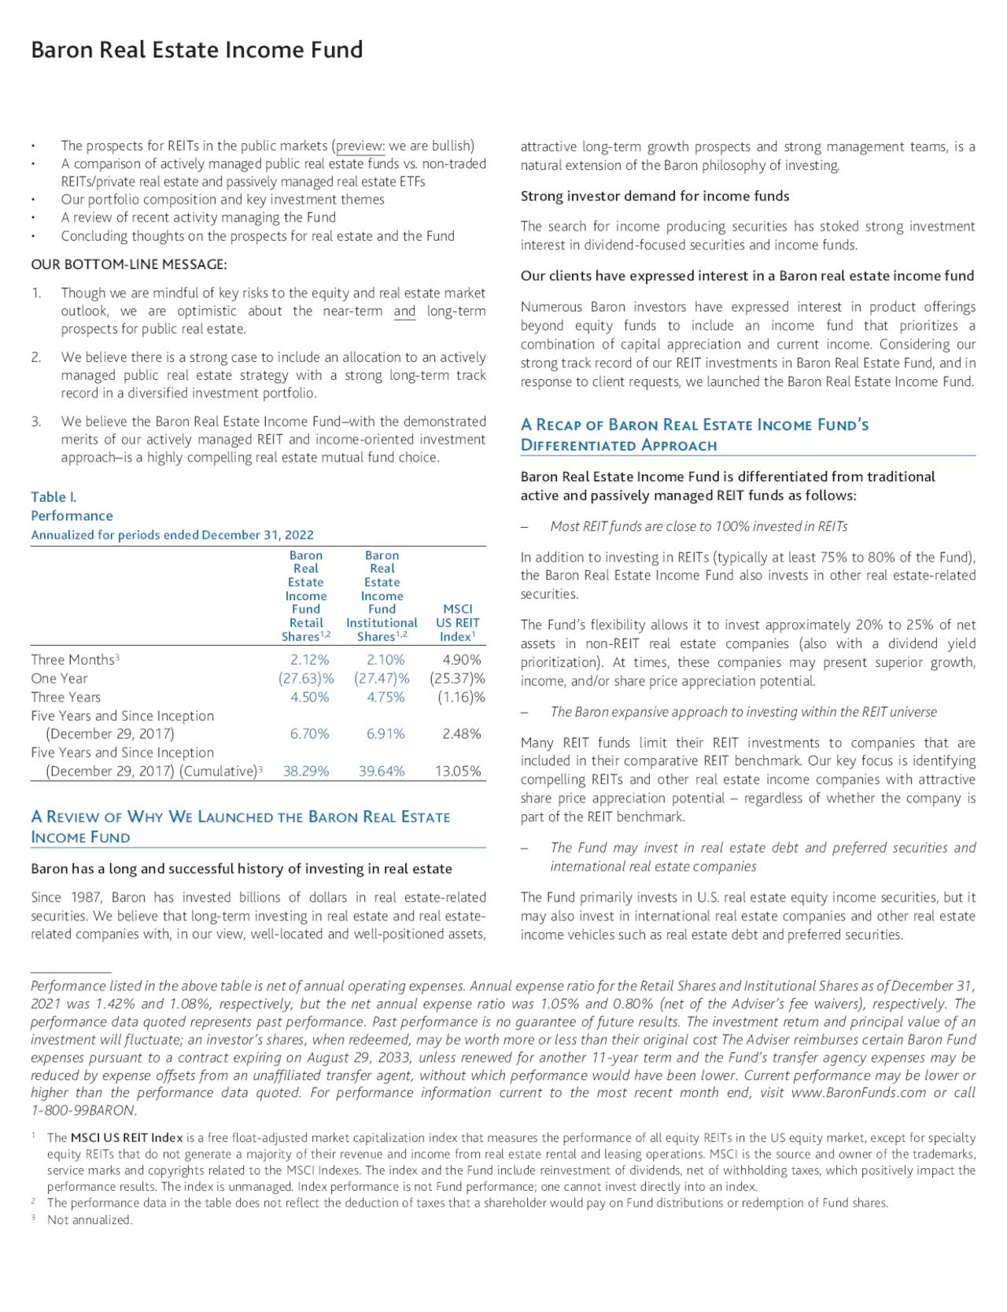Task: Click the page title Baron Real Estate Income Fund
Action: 197,50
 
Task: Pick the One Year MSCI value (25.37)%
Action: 457,679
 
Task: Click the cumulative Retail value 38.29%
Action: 306,772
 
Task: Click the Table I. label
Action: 53,497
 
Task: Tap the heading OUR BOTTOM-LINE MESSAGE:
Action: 129,264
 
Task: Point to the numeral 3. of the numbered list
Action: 36,422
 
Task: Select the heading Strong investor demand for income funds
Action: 655,196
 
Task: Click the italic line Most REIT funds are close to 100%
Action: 699,526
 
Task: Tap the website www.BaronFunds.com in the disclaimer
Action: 858,1093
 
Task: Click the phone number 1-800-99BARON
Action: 83,1111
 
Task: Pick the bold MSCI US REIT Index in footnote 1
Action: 126,1138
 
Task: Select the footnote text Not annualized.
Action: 90,1220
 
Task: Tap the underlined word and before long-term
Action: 404,311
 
